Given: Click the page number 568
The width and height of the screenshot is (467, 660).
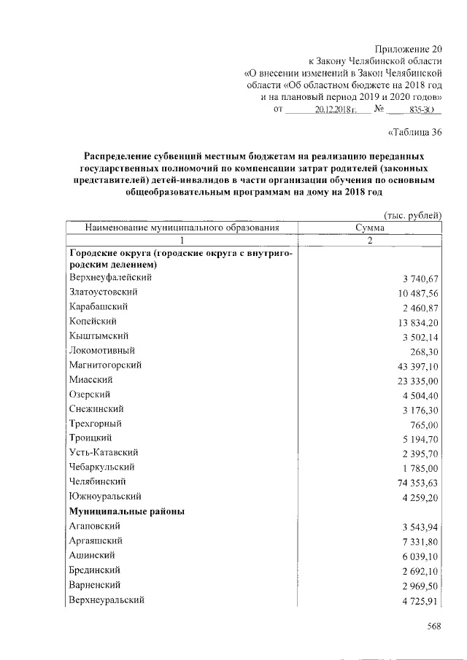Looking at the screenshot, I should point(435,626).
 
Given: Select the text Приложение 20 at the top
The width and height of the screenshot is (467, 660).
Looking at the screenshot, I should point(411,47).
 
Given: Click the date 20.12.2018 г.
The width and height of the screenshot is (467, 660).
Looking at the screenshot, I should point(334,109).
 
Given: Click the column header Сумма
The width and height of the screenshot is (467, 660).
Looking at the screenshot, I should point(370,228).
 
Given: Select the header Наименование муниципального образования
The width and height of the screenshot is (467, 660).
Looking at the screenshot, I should point(182,228).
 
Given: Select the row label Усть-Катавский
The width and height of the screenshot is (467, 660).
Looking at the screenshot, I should point(104,452).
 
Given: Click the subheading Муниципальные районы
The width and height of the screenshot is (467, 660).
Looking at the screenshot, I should point(126,511).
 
